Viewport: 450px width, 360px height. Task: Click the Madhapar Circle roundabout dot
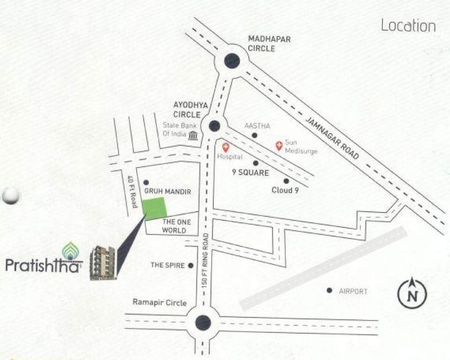tap(232, 61)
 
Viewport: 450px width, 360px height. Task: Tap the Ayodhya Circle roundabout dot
tap(214, 126)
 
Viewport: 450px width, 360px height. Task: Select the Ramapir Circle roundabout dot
tap(203, 322)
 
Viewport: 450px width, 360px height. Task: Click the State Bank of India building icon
tap(193, 136)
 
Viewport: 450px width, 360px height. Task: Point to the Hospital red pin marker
tap(225, 147)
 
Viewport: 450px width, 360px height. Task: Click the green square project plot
tap(154, 209)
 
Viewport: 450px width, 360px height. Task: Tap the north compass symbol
tap(412, 294)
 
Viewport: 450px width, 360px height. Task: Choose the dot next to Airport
tap(329, 291)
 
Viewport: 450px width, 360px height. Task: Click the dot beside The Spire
tap(191, 265)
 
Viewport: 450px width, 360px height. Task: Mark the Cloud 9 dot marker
tap(286, 181)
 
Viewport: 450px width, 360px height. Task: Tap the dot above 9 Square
tap(256, 163)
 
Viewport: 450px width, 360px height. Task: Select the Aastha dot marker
tap(254, 135)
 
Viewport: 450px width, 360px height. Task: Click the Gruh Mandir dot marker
tap(146, 182)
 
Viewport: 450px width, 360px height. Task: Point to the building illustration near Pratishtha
tap(103, 262)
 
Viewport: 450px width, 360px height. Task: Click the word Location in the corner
tap(408, 25)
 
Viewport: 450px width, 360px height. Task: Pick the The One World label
tap(174, 226)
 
